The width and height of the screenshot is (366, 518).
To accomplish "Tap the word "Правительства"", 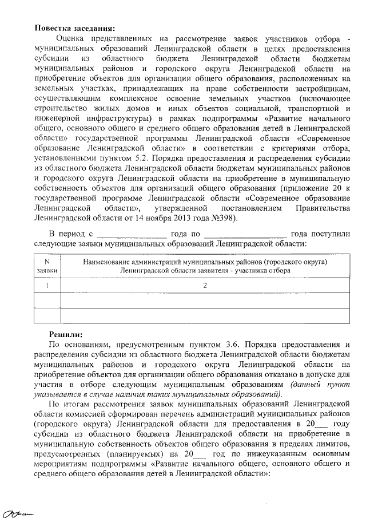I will point(319,208).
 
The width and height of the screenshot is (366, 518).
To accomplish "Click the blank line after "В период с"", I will point(131,234).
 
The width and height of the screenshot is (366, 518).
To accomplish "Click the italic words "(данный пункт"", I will point(319,385).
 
